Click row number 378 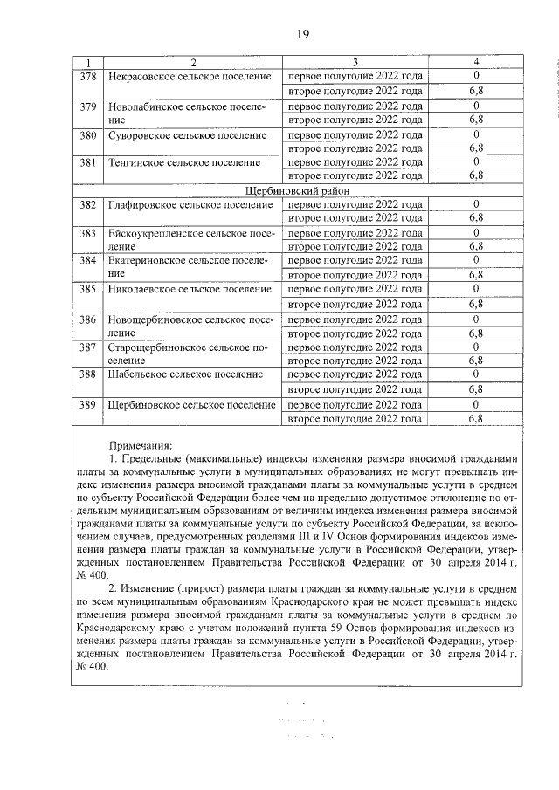(87, 77)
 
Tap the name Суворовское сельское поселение (185, 135)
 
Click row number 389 (87, 405)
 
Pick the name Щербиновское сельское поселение (191, 405)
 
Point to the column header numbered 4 (476, 62)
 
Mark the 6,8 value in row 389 (476, 419)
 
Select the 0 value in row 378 (476, 77)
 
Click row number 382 (87, 204)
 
